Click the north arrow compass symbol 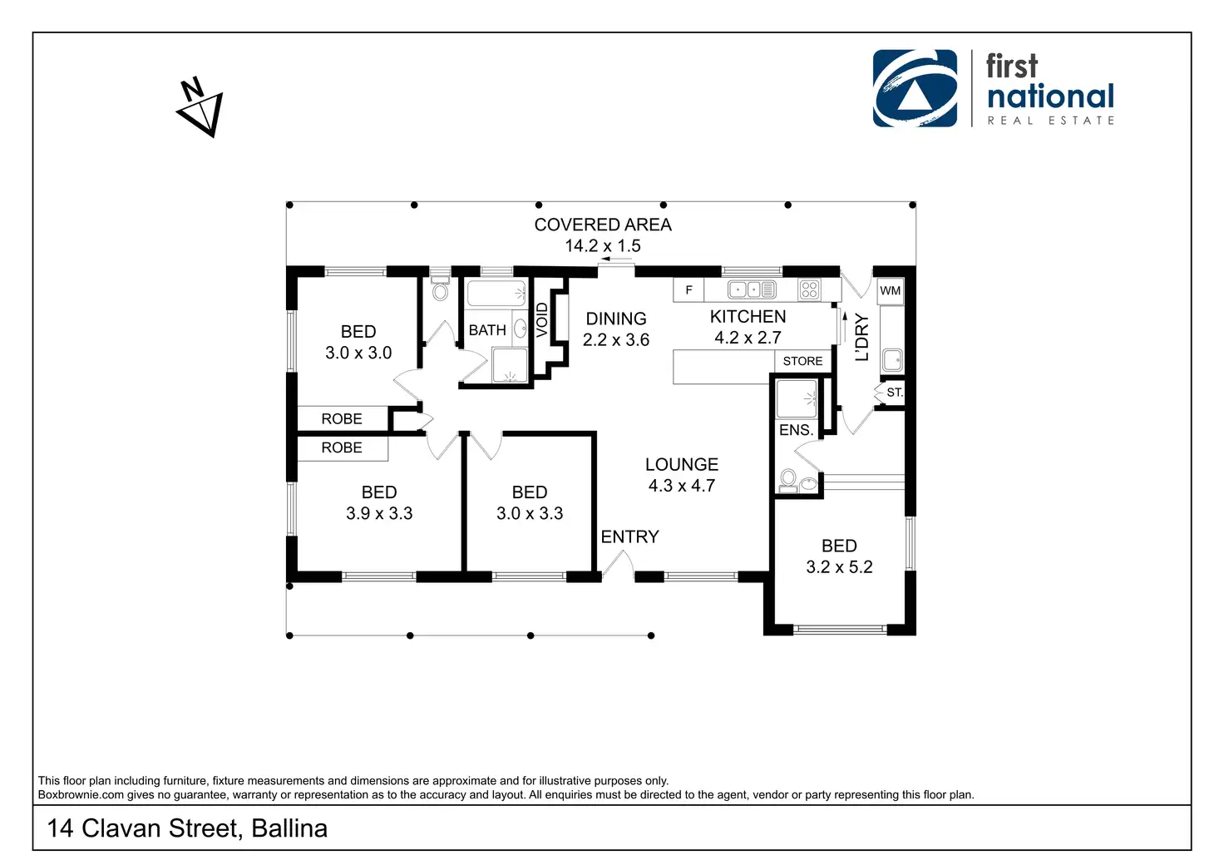tap(201, 107)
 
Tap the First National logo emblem tap(915, 88)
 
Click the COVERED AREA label tap(603, 225)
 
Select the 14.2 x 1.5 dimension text tap(603, 246)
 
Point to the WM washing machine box tap(890, 290)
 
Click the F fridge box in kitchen tap(688, 290)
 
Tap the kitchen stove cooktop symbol tap(809, 289)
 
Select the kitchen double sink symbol tap(752, 289)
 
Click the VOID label tap(542, 320)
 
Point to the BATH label tap(487, 330)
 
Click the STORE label tap(802, 361)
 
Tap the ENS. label tap(796, 430)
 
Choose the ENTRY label tap(629, 537)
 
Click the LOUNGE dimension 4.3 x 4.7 tap(682, 486)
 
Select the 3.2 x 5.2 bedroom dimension tap(839, 567)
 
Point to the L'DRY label tap(862, 337)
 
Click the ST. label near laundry tap(894, 393)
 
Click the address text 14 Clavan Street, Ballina tap(187, 828)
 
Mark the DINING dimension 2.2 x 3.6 tap(616, 340)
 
